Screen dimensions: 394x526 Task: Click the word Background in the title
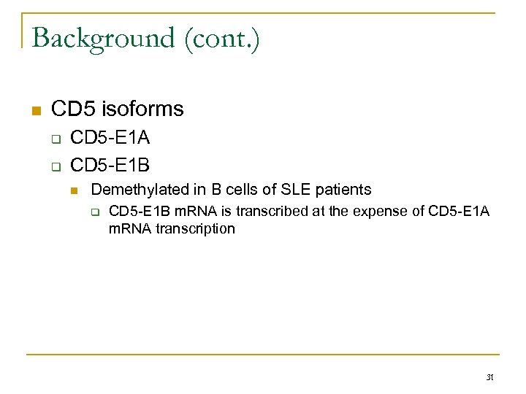102,38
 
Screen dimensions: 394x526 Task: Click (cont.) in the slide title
223,38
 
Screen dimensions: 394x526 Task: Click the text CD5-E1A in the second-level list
110,137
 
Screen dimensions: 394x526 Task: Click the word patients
342,190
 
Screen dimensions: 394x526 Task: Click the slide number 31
490,377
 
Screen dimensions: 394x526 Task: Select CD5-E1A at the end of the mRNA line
461,212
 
